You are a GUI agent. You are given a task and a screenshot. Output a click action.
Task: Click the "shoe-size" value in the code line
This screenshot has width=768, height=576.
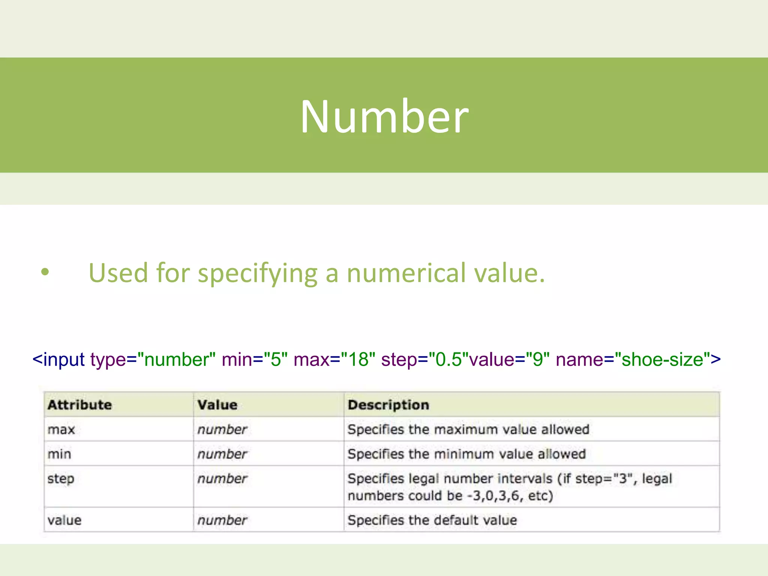click(x=662, y=359)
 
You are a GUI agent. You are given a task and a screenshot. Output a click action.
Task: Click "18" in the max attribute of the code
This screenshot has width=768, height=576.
click(x=358, y=359)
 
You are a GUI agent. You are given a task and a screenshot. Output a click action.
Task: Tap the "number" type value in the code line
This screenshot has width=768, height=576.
click(x=176, y=359)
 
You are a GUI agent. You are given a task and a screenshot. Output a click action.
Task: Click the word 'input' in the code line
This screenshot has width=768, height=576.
click(x=64, y=359)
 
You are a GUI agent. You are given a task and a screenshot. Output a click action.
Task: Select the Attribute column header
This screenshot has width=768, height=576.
click(x=79, y=405)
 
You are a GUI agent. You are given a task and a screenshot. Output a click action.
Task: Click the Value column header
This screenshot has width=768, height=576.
click(x=217, y=405)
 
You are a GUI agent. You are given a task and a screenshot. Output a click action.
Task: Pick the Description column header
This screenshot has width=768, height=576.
click(x=388, y=405)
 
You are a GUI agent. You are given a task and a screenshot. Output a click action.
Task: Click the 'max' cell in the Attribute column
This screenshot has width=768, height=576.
click(x=61, y=430)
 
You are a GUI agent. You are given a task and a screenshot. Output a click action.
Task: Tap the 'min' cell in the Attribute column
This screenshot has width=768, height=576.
click(x=59, y=454)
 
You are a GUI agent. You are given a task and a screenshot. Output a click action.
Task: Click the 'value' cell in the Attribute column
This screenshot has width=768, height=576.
click(x=64, y=520)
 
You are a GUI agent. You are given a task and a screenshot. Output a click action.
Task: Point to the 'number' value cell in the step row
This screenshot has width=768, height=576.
click(x=222, y=479)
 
